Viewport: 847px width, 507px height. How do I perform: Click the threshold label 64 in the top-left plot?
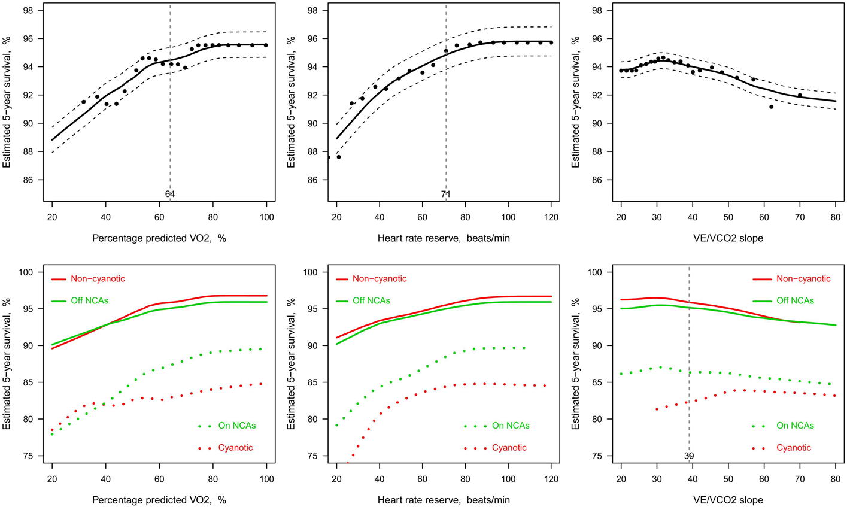tap(170, 194)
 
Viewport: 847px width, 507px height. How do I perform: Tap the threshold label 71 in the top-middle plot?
tap(446, 194)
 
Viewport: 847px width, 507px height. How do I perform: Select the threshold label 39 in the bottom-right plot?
tap(689, 456)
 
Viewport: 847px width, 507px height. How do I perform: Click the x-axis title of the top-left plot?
tap(159, 238)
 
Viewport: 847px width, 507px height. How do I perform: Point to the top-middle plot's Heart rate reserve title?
tap(444, 238)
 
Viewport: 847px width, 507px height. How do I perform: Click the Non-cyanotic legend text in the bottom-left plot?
tap(98, 279)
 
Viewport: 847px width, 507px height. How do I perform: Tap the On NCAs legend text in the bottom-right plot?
tap(795, 426)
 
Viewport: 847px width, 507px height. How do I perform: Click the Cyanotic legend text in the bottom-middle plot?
tap(509, 448)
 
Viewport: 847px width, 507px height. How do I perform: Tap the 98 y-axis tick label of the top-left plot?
tap(36, 10)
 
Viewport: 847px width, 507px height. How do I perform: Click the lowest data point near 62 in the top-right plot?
tap(771, 107)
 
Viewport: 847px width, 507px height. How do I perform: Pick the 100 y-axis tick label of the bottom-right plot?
tap(605, 272)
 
